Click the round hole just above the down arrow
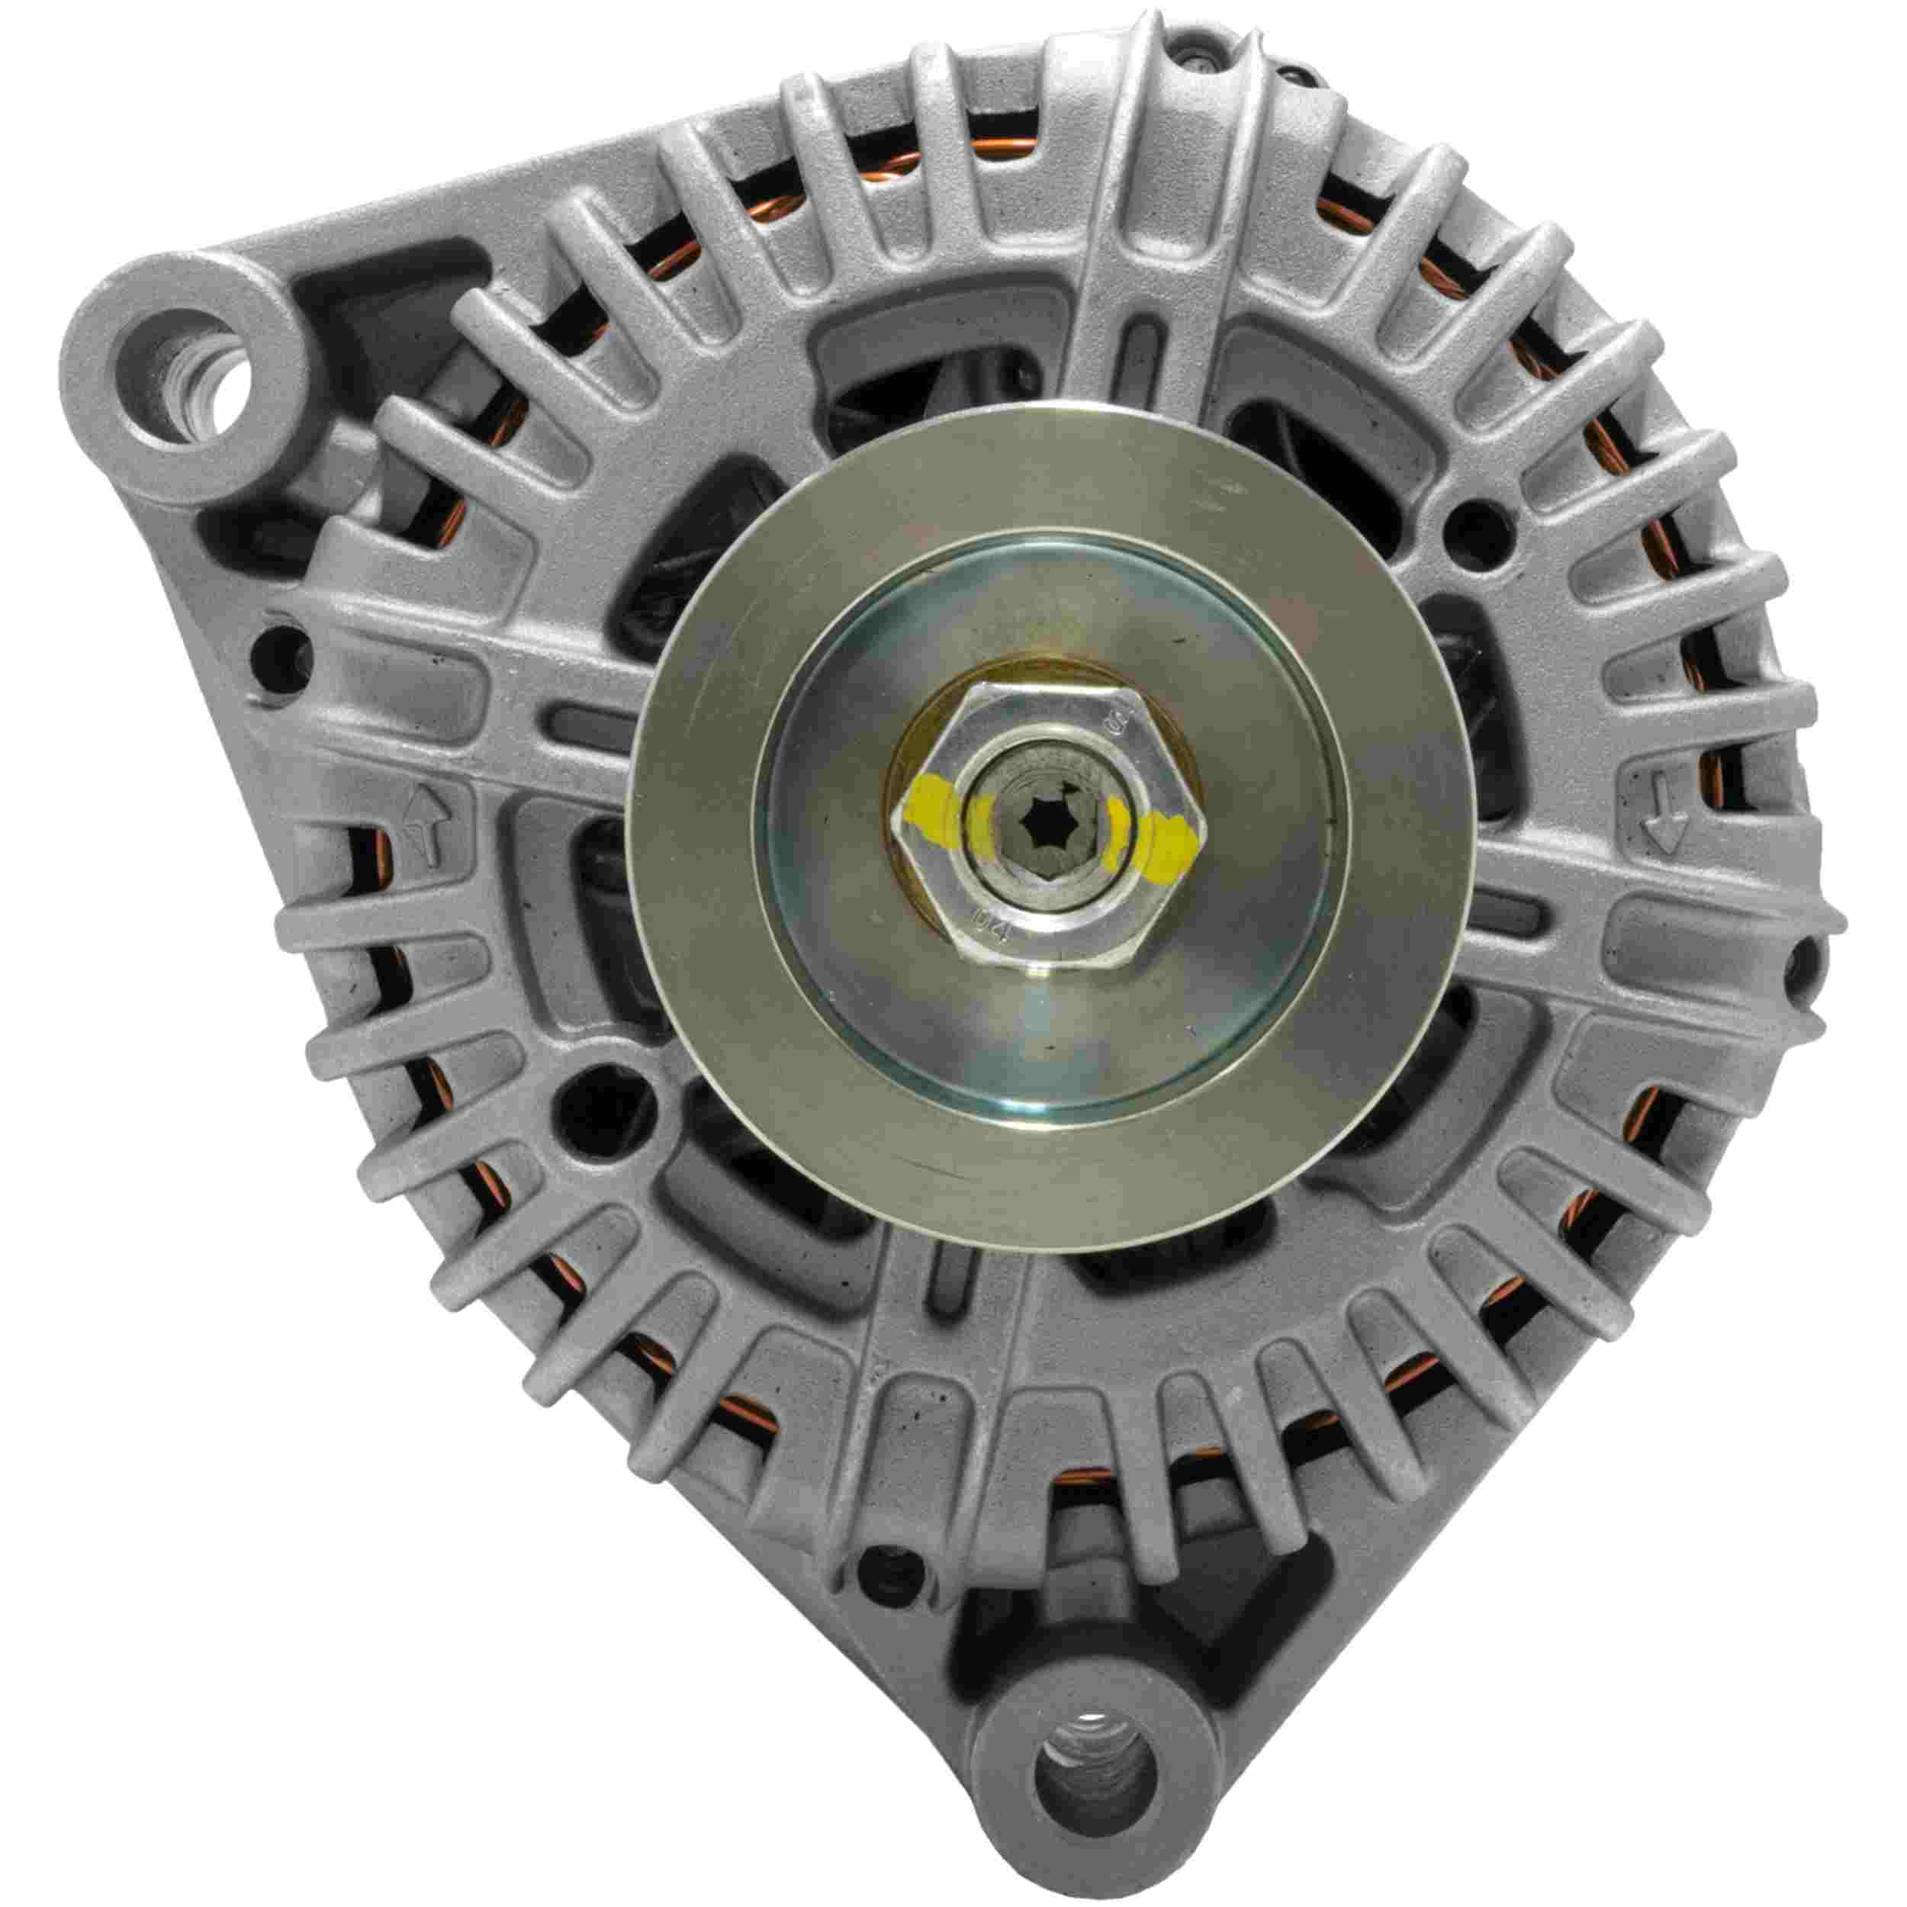coord(1481,528)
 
